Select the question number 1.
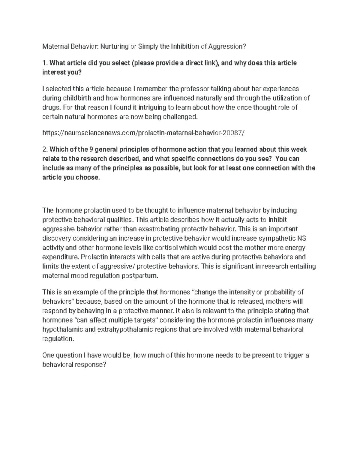tap(45, 63)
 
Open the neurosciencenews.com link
tap(143, 133)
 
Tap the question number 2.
tap(45, 149)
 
